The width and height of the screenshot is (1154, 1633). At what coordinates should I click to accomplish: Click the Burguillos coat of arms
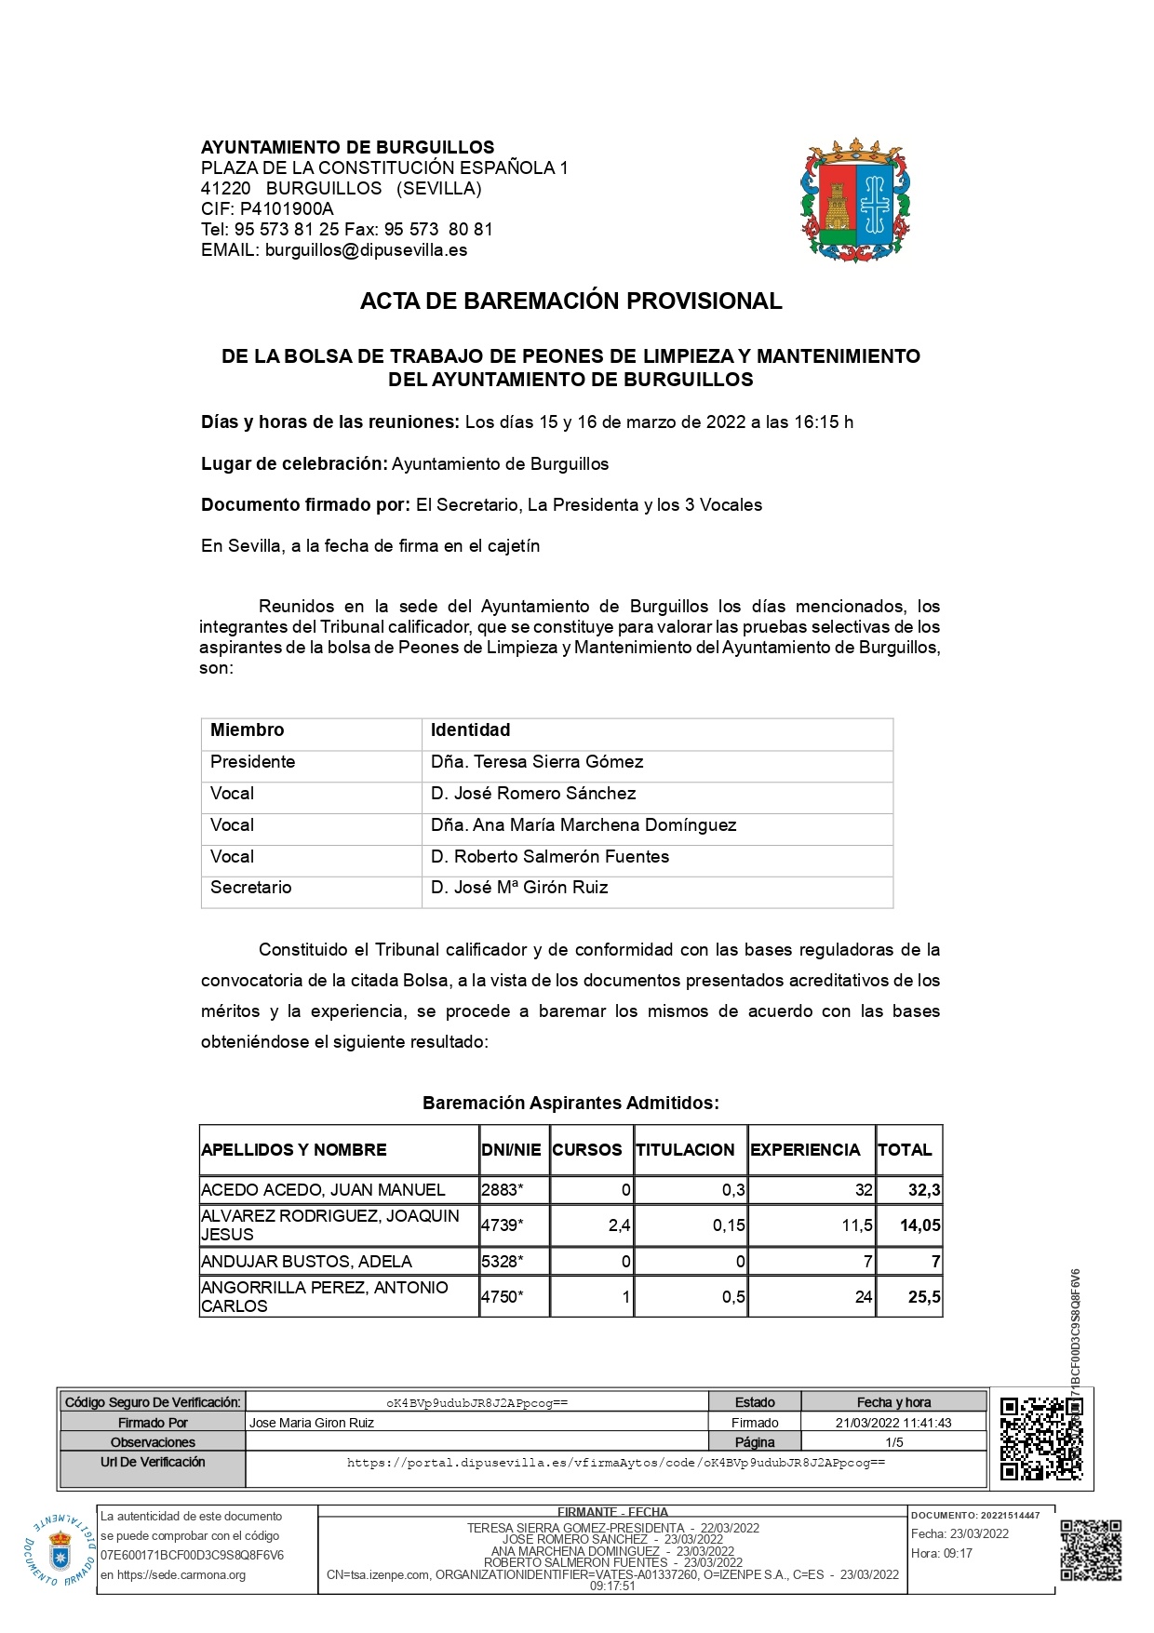point(855,200)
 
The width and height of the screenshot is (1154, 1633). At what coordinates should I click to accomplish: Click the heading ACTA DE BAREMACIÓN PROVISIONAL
point(570,301)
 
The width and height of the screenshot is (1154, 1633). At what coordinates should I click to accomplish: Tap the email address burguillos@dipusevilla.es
point(366,250)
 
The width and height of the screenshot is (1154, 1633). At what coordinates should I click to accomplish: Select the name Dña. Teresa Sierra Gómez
point(537,762)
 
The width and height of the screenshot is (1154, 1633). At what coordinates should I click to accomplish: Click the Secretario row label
point(250,888)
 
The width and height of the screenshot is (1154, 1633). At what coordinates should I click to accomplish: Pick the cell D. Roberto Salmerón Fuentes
point(550,857)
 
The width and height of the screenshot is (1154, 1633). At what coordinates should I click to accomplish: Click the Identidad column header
point(470,730)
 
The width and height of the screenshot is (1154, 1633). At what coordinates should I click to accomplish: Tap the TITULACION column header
point(685,1150)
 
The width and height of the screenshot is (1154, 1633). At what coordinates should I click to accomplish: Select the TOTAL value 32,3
point(923,1190)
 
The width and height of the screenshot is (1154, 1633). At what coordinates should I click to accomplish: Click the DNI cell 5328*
point(503,1262)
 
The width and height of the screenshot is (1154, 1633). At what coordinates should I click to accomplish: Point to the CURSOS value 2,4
point(619,1225)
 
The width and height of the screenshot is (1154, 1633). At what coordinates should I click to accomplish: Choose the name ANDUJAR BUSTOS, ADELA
point(306,1262)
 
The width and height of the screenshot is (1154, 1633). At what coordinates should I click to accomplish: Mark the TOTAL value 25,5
point(923,1297)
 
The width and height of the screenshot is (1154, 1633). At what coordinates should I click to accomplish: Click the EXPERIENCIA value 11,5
point(856,1225)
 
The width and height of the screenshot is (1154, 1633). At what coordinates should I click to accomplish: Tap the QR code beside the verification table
point(1040,1439)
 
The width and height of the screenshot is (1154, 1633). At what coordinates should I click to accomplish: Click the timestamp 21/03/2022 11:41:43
point(893,1423)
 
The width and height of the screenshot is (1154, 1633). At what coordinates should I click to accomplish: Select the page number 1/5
point(893,1443)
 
